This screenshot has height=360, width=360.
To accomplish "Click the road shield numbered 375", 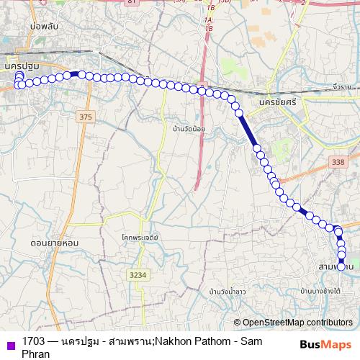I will click(x=86, y=117).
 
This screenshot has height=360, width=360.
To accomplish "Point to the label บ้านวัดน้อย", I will click(x=189, y=129).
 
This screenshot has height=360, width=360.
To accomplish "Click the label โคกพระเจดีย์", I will click(x=140, y=235).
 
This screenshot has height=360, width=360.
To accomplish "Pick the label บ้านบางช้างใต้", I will click(x=321, y=290).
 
